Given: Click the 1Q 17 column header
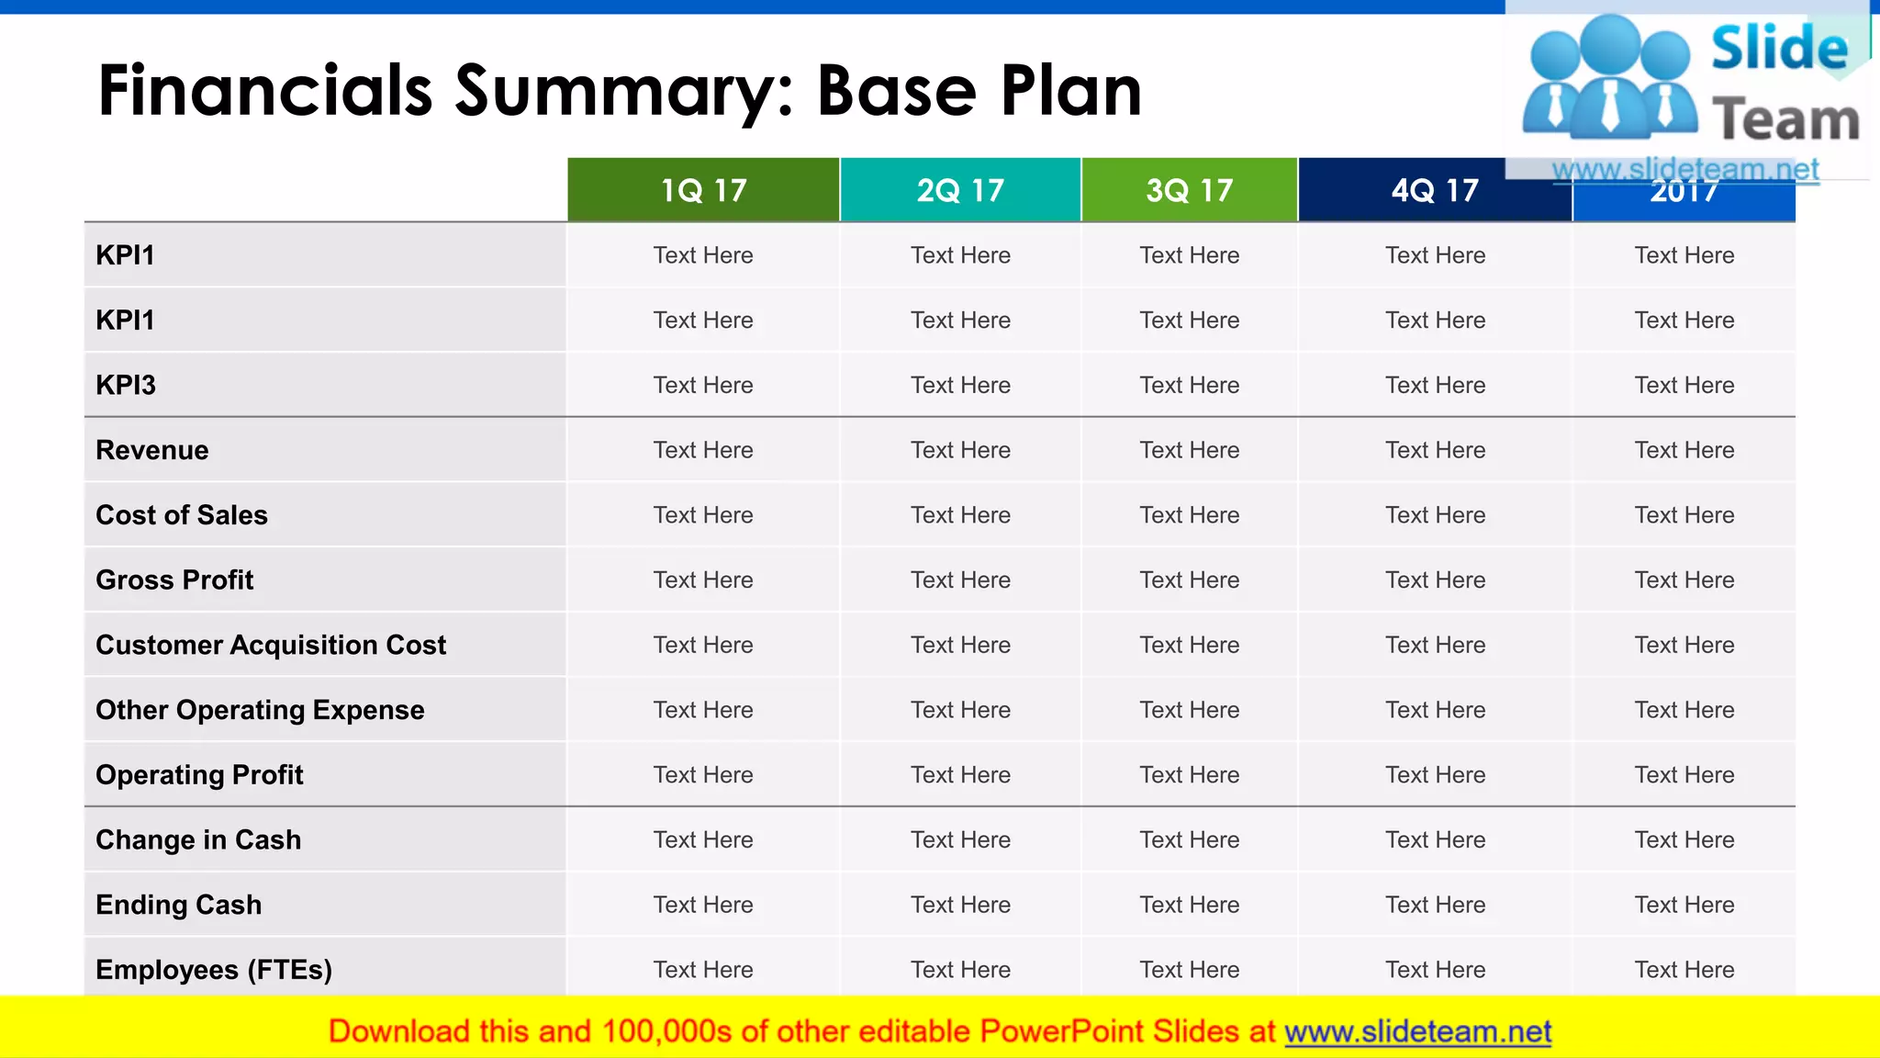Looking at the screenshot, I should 703,190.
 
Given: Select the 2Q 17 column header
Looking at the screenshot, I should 960,190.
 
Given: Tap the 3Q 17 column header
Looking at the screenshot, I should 1189,190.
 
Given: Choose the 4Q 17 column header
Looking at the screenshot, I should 1435,190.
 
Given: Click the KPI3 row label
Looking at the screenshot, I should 126,385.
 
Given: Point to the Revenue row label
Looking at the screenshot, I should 152,450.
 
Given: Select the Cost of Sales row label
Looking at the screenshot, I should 182,515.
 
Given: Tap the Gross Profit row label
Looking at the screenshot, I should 174,580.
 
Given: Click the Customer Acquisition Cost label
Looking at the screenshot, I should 271,645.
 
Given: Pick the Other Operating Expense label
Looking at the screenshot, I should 260,710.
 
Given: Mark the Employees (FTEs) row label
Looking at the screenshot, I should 214,970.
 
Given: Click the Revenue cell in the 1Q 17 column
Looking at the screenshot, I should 703,450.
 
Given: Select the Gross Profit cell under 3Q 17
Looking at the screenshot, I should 1189,580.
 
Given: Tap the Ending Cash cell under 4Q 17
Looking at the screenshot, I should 1435,905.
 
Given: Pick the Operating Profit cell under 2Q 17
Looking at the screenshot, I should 960,775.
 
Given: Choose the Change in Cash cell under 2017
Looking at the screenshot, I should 1684,840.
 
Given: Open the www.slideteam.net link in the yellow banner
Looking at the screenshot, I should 1418,1031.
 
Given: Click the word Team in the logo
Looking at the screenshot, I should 1785,120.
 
